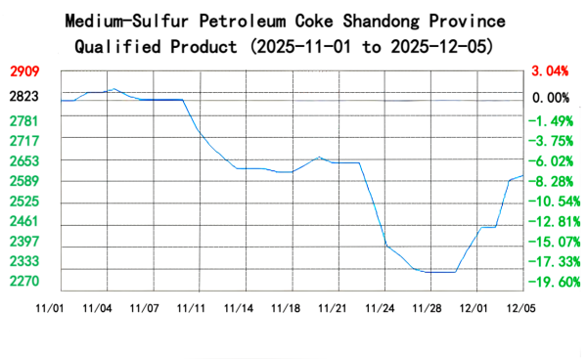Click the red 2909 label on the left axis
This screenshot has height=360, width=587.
[x=25, y=71]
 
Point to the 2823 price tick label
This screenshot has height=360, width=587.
[x=25, y=97]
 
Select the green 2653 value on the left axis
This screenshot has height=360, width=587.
[x=25, y=160]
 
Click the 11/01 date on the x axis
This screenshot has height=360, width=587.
[x=50, y=308]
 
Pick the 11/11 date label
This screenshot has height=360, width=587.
[x=192, y=308]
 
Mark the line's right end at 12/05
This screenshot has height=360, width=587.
[x=524, y=176]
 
